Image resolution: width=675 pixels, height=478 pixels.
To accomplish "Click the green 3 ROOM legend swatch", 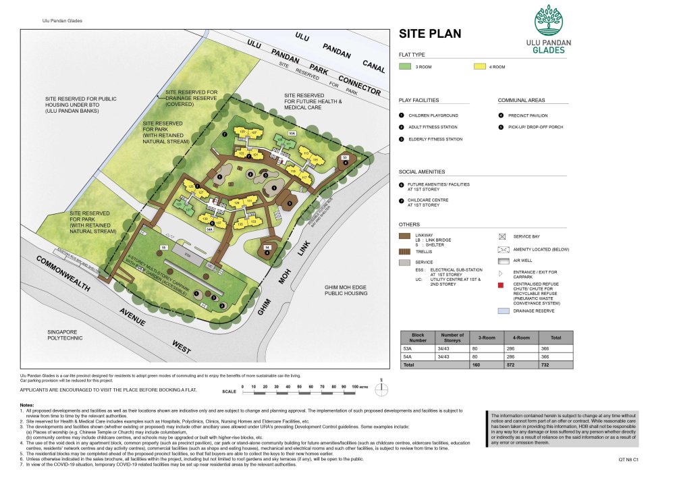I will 406,67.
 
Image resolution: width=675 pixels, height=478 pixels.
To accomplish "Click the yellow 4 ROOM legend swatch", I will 479,67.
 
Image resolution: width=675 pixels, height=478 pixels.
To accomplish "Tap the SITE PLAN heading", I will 431,34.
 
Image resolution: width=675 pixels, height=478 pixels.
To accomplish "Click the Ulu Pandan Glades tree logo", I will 548,20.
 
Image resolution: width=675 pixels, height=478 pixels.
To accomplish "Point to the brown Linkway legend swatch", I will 406,236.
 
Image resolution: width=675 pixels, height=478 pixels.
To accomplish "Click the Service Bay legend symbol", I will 502,237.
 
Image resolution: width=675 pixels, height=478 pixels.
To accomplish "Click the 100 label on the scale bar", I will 354,386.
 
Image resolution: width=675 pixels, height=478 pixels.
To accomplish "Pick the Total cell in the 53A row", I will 555,349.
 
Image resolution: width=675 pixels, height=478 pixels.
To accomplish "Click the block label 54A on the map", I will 209,230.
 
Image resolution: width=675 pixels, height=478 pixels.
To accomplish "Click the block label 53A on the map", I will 292,134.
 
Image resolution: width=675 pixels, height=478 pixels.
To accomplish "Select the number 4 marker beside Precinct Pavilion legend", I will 502,115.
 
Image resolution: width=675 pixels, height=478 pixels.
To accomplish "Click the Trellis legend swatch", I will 406,251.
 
